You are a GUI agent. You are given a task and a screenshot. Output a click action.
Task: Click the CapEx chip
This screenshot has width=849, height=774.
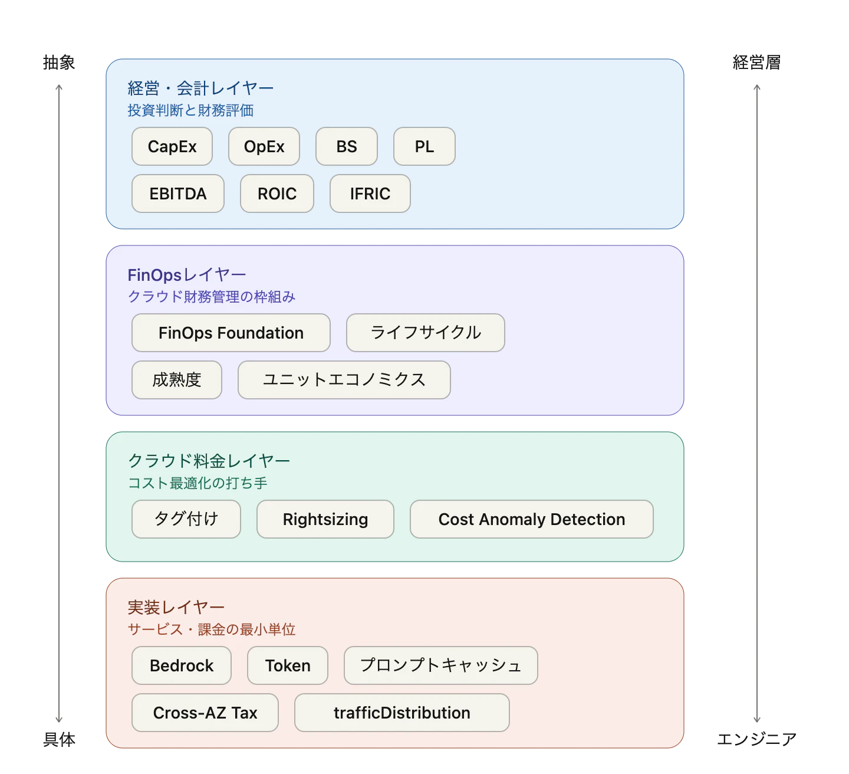(172, 146)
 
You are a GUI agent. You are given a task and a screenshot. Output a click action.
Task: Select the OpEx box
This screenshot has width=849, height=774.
(264, 146)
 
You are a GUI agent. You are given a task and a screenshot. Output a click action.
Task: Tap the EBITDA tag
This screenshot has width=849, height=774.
(177, 193)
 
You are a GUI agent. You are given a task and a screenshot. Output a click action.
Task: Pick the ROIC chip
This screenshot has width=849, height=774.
(277, 193)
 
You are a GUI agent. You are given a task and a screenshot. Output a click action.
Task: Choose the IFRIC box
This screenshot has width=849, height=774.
(370, 193)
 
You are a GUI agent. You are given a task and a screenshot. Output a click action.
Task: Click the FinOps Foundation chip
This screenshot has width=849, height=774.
(231, 333)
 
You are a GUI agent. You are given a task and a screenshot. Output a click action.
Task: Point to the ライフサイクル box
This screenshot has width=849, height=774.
(425, 333)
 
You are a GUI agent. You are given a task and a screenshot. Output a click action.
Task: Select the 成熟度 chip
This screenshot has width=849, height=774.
(176, 379)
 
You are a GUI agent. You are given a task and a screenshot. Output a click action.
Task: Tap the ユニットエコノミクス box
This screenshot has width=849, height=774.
(344, 379)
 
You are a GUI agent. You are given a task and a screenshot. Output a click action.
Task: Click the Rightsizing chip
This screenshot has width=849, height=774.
(325, 519)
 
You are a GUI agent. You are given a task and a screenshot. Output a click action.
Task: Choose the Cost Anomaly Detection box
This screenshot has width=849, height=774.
(532, 519)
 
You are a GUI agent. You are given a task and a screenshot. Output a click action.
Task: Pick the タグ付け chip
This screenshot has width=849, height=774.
(186, 519)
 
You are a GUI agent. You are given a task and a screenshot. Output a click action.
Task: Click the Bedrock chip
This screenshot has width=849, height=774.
(181, 665)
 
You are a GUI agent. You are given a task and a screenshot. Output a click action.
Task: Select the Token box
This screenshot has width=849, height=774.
(287, 665)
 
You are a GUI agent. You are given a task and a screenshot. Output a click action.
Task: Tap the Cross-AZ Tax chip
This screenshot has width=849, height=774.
(205, 712)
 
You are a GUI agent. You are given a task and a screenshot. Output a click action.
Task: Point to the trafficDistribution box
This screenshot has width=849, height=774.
(402, 712)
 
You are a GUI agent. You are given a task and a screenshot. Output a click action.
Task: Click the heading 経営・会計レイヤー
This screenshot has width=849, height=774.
(200, 88)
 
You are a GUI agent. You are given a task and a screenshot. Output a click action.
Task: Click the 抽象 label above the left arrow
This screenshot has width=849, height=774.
(59, 63)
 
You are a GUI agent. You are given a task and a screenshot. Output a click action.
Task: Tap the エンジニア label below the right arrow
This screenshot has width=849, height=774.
(756, 739)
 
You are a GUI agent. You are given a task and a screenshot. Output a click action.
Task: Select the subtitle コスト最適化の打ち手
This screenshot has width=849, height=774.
(198, 483)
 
